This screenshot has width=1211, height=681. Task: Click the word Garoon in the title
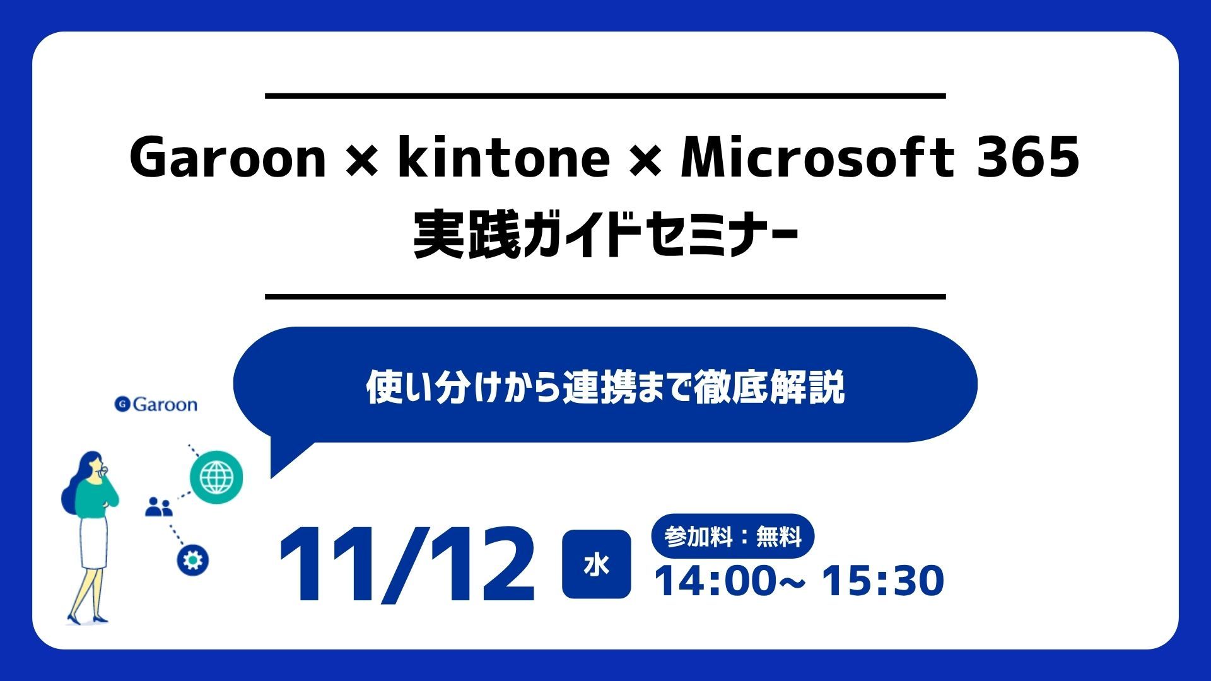[x=228, y=158]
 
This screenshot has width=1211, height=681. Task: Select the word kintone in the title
[x=503, y=158]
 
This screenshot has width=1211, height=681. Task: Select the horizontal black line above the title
[x=605, y=96]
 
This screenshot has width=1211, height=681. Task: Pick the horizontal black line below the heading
[x=605, y=296]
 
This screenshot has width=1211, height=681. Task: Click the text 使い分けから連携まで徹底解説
[x=605, y=387]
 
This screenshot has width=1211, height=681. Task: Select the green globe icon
[x=216, y=476]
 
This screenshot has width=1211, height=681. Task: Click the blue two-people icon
[x=158, y=506]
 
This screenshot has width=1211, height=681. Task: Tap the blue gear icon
[x=192, y=560]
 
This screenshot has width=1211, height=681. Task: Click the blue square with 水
[x=596, y=564]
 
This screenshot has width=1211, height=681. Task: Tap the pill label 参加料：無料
[x=732, y=537]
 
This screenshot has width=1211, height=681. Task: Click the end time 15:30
[x=883, y=581]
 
